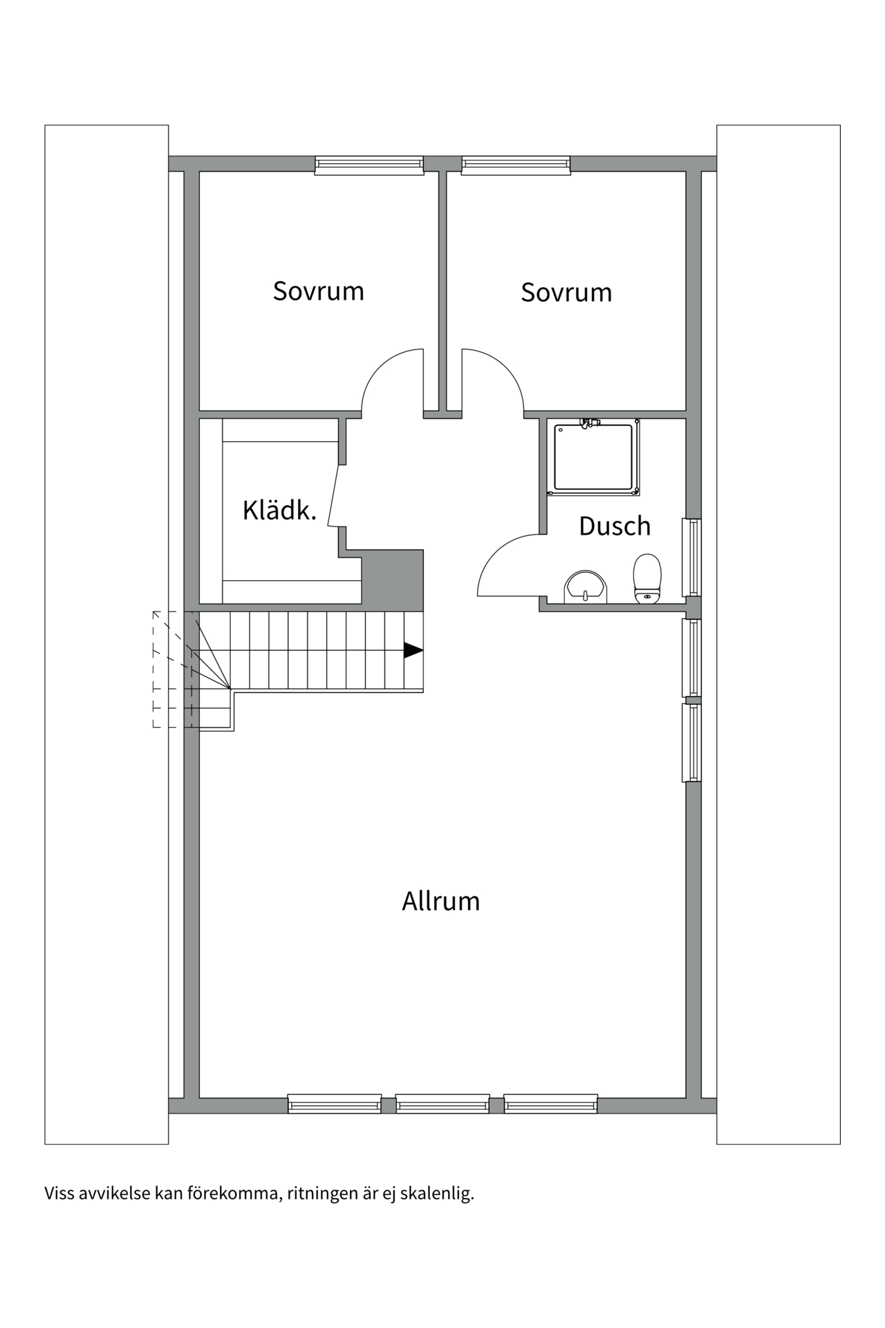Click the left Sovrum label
(x=318, y=291)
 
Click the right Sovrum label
(x=566, y=293)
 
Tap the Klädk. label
(x=279, y=510)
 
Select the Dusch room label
(x=615, y=526)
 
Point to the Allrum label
(x=440, y=901)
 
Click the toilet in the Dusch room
(x=647, y=579)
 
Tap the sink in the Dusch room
(x=586, y=588)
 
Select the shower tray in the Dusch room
(x=593, y=457)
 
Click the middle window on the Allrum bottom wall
(x=442, y=1104)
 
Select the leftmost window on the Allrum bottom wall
(x=335, y=1104)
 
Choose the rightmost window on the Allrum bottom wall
(x=550, y=1104)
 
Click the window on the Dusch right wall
(x=692, y=557)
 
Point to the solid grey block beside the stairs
(x=393, y=580)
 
